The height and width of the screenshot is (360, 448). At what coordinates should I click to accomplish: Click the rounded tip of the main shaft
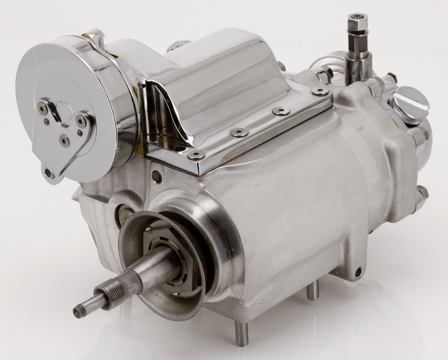point(79,311)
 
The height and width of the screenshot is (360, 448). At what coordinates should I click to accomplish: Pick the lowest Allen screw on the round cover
point(64,141)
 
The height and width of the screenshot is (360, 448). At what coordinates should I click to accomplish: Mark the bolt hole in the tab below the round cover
point(48,173)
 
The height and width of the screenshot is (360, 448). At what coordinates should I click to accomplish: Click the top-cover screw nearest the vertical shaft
point(320,91)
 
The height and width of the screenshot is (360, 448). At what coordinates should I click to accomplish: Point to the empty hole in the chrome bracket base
point(182,149)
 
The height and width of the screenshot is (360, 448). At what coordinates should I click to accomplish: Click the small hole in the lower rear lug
point(359,271)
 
